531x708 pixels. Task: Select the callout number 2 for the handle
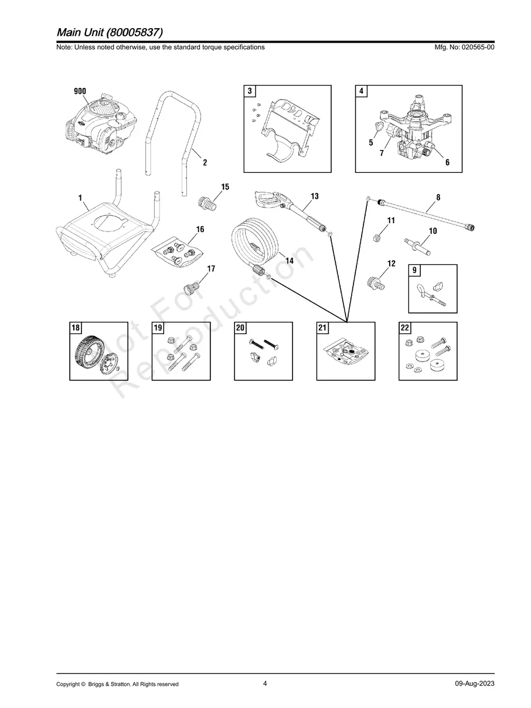coord(205,163)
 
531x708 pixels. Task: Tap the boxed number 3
coord(250,91)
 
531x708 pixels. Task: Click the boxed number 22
coord(405,328)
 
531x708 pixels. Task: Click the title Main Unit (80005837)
coord(110,32)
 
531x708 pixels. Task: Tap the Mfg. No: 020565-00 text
coord(462,47)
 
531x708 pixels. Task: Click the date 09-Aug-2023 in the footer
coord(474,684)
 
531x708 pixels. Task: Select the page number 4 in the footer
coord(265,683)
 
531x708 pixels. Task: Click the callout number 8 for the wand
coord(438,198)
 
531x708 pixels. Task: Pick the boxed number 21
coord(322,328)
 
